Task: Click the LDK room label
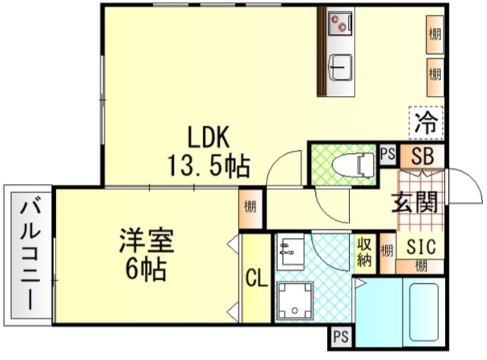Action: [208, 137]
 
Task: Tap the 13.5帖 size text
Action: [208, 166]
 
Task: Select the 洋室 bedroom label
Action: [147, 241]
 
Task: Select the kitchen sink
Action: [341, 68]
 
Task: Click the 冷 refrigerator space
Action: [426, 122]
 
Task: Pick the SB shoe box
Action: [422, 156]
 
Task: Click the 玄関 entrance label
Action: [414, 202]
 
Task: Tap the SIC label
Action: [421, 247]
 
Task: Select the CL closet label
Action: [256, 278]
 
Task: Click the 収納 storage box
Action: [365, 253]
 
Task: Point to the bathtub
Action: [424, 312]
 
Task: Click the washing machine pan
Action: [294, 300]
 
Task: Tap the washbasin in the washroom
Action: [290, 251]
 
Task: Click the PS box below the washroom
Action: [341, 336]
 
